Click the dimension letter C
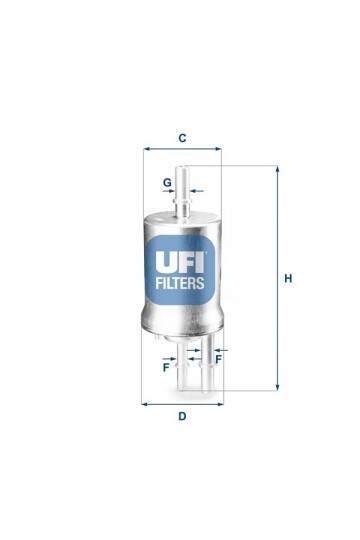(182, 138)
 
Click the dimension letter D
(182, 416)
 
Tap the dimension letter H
(288, 278)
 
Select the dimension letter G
(167, 182)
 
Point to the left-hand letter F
(166, 368)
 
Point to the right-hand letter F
(218, 359)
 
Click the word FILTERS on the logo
(179, 283)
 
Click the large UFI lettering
(179, 261)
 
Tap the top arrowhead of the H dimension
(277, 169)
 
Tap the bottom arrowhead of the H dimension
(277, 387)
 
